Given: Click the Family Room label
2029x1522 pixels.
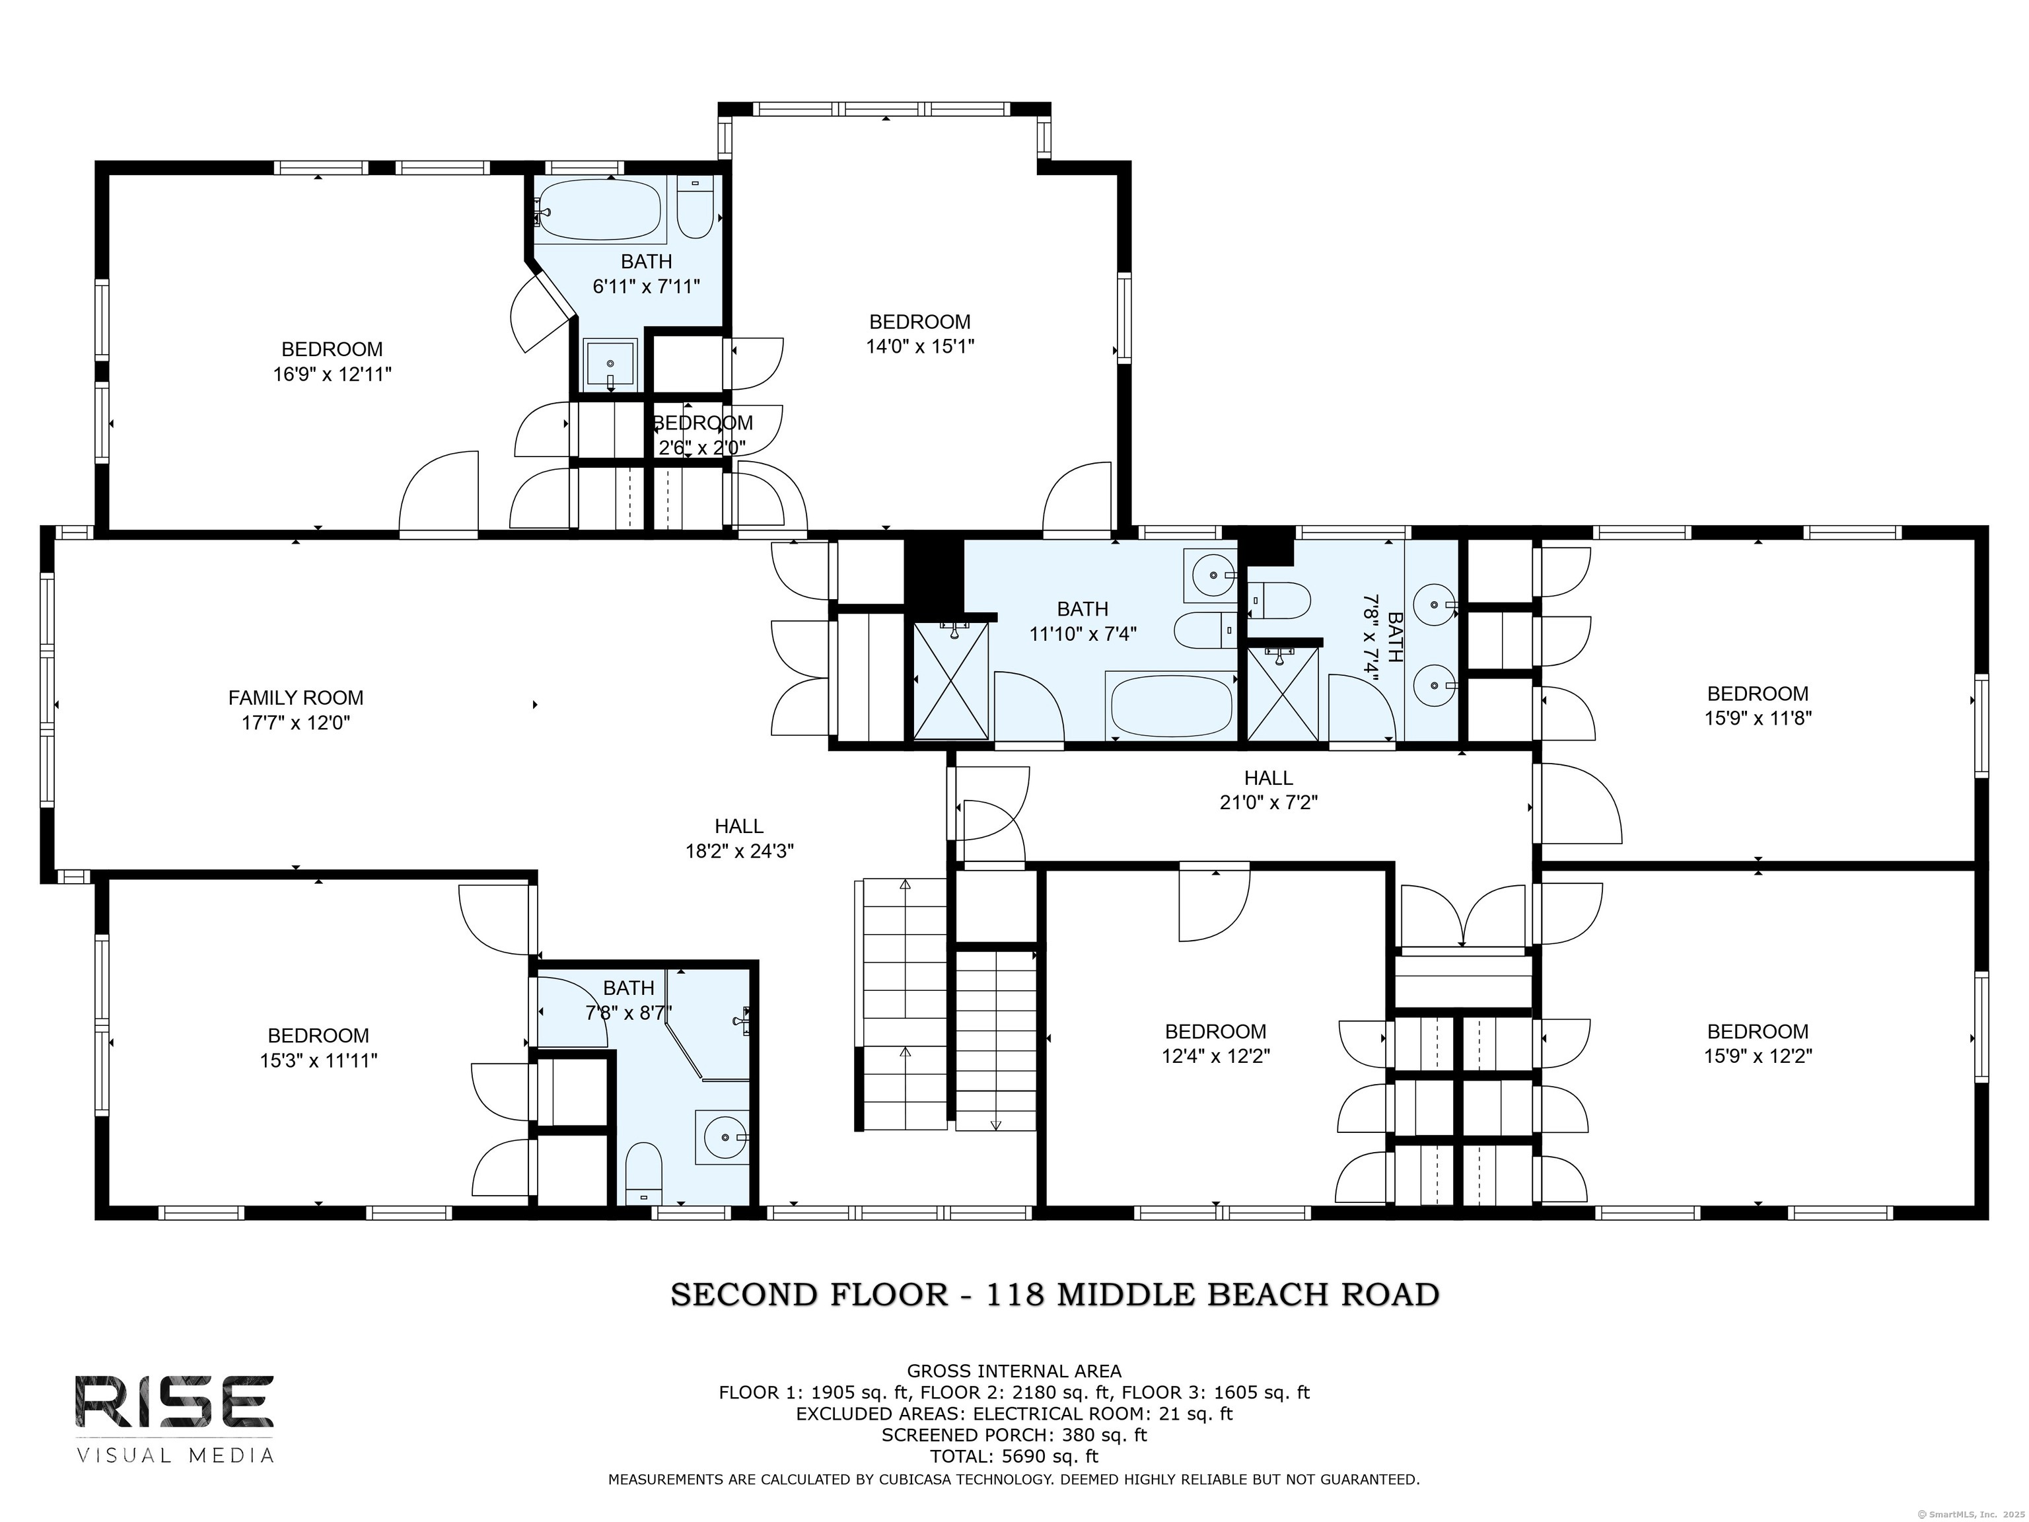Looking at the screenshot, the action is [x=295, y=697].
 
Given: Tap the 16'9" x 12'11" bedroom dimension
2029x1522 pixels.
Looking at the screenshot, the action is [x=332, y=375].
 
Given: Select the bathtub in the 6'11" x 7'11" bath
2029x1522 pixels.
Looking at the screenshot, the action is [x=598, y=209].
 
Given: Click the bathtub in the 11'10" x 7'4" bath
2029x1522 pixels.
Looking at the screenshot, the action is [x=1170, y=706].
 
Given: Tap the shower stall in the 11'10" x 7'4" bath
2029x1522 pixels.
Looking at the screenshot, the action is [x=951, y=680].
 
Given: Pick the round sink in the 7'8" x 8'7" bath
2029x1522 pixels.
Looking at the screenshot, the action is [x=723, y=1137].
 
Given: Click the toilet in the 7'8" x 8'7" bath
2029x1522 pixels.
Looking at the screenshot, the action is [x=643, y=1173].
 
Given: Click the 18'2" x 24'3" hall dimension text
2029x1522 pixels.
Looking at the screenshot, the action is [x=739, y=850].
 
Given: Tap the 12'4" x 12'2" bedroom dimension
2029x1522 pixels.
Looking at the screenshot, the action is [x=1215, y=1056].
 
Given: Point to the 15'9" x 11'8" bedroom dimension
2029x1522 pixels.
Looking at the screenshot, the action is [x=1758, y=718].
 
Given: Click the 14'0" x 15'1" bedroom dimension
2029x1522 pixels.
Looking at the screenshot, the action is [x=920, y=347].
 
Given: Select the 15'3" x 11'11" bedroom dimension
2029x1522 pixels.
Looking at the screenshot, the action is [x=318, y=1060].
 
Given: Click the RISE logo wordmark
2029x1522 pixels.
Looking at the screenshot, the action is [x=174, y=1401].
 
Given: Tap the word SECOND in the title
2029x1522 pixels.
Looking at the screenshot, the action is [x=744, y=1295].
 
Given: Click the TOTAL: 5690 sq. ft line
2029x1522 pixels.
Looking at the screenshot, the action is [x=1014, y=1456].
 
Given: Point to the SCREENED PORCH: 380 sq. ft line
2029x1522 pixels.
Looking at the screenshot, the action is [x=1014, y=1435].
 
